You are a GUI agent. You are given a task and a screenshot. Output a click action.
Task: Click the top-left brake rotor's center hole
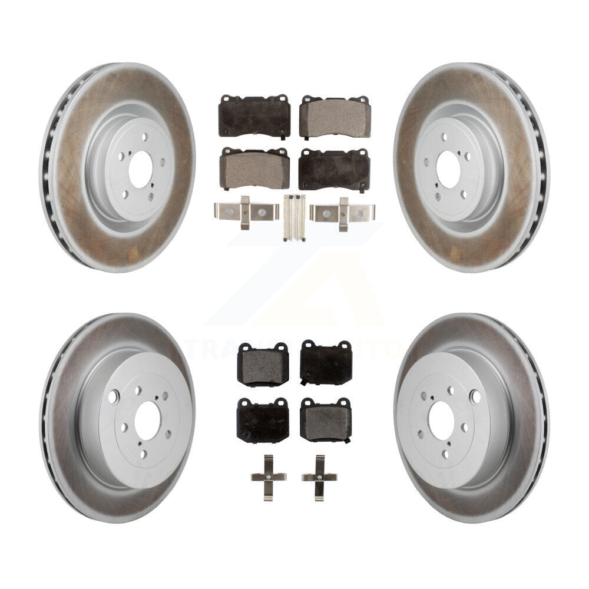[140, 161]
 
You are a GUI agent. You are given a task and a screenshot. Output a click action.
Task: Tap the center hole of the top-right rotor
[449, 161]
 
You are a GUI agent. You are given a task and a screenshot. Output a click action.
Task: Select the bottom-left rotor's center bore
[147, 421]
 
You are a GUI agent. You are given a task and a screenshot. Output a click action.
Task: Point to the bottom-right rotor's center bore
[441, 419]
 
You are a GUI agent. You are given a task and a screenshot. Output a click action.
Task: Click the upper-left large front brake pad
[254, 115]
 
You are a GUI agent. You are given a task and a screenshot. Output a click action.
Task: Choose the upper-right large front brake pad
[335, 117]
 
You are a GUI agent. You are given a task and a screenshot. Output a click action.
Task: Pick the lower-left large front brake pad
[254, 168]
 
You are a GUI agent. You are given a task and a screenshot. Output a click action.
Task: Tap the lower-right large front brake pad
[334, 169]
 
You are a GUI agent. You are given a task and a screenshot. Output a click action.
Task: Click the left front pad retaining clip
[246, 213]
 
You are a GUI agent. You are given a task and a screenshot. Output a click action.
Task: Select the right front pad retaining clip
[343, 213]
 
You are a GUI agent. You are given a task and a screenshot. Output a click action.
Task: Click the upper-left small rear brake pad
[263, 365]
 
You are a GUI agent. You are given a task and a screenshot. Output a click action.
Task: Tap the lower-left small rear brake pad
[263, 420]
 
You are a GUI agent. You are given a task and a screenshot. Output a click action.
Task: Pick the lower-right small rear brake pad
[326, 421]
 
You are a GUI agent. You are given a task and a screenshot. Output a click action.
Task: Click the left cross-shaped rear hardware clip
[269, 477]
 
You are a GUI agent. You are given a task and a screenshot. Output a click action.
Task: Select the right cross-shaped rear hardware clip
[319, 477]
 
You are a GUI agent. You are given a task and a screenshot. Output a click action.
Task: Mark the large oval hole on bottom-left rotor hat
[113, 397]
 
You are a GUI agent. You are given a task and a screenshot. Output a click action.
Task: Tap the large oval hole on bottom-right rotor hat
[475, 397]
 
